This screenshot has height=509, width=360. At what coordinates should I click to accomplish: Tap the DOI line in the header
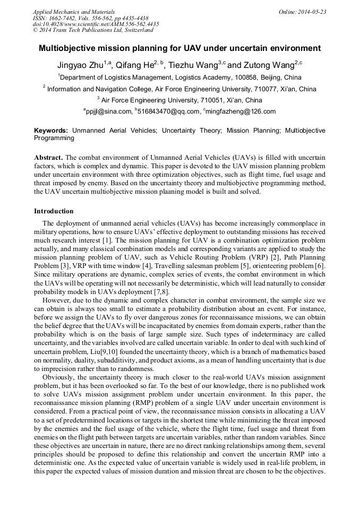[x=96, y=24]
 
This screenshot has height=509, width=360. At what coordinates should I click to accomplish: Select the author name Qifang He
[x=135, y=66]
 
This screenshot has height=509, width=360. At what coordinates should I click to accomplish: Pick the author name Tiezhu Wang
[x=194, y=66]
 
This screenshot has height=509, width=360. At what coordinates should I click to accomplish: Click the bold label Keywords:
[x=51, y=130]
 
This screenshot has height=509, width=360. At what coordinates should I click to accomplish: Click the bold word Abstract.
[x=49, y=158]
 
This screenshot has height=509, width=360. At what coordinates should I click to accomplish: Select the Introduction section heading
[x=54, y=211]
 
